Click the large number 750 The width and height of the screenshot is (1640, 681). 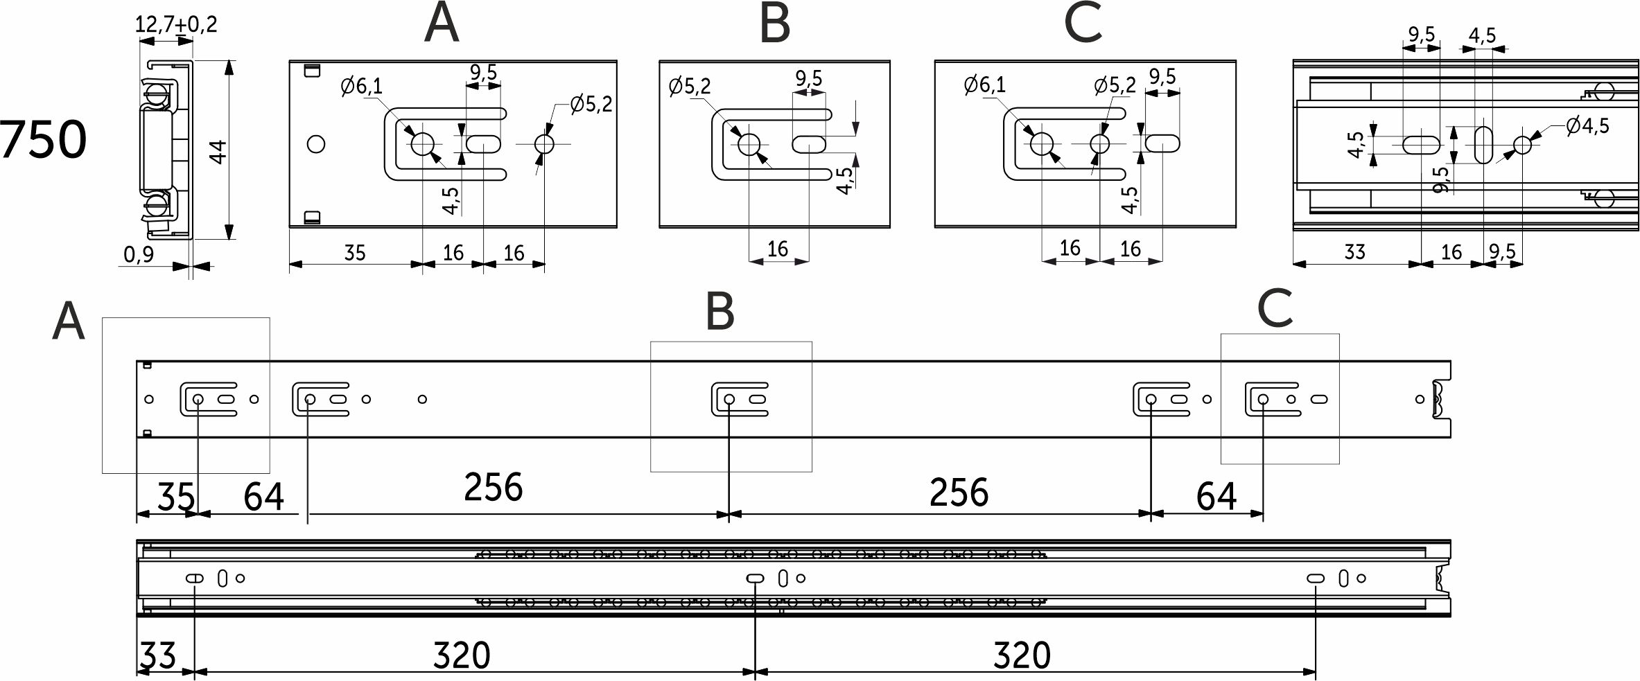coord(43,140)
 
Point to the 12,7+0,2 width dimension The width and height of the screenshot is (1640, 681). coord(176,24)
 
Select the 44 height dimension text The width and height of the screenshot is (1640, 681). coord(218,152)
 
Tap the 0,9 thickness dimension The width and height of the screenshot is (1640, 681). coord(139,255)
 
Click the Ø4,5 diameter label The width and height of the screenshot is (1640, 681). coord(1587,125)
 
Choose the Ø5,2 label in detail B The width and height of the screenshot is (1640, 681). coord(690,87)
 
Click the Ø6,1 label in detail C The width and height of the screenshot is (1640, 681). coord(985,85)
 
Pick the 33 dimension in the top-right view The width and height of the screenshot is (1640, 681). coord(1354,251)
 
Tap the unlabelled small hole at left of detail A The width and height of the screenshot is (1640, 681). coord(316,144)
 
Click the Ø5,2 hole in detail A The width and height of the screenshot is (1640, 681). coord(544,144)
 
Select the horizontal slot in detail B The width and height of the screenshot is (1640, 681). coord(809,144)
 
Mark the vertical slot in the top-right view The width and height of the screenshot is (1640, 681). coord(1483,145)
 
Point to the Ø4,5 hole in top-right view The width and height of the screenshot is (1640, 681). coord(1523,145)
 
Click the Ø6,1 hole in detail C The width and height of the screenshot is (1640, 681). coord(1042,144)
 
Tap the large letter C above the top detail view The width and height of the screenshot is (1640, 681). coord(1083,23)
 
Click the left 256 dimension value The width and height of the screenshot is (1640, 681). coord(493,487)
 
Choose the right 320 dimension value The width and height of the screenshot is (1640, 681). coord(1022,655)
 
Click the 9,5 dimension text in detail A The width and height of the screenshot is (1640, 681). coord(483,72)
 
